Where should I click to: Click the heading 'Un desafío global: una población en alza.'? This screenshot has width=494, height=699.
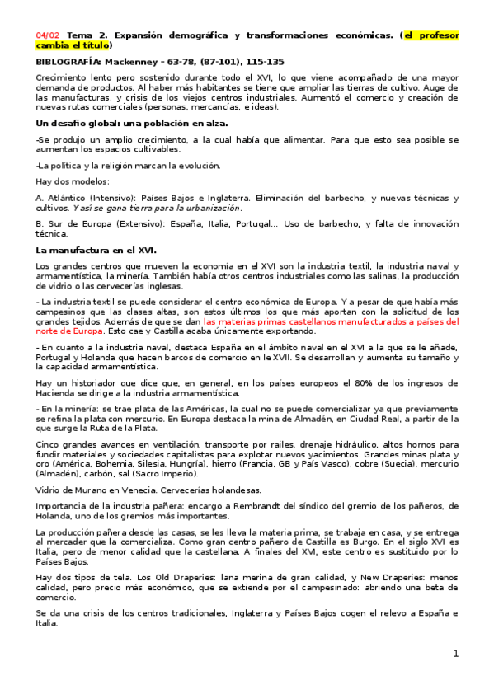[x=132, y=124]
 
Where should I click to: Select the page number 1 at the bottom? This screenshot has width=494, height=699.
[x=454, y=654]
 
